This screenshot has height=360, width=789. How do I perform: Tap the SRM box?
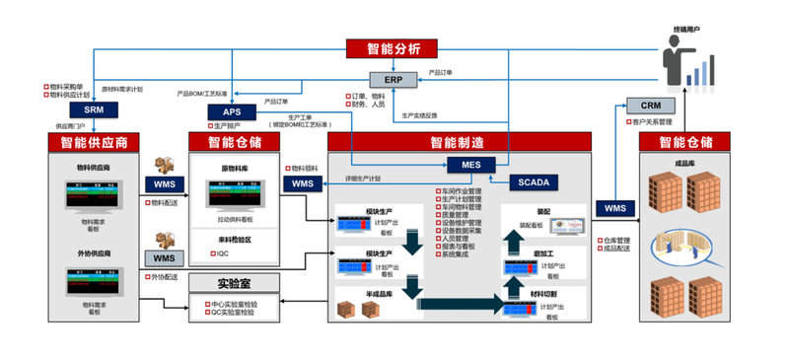[x=94, y=111]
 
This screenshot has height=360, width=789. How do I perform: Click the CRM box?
[x=650, y=106]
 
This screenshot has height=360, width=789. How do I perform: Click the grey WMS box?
[x=164, y=258]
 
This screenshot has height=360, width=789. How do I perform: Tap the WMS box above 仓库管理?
[x=614, y=208]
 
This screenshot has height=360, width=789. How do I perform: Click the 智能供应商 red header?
[x=94, y=142]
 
